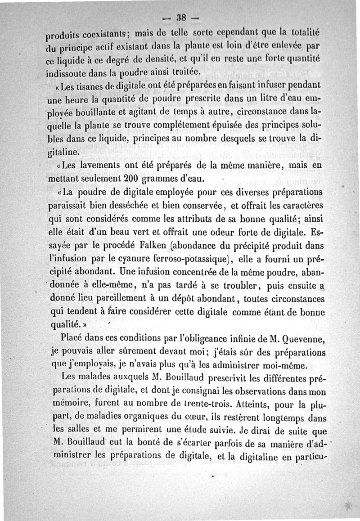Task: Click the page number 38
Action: point(181,18)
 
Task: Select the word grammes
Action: point(162,179)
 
